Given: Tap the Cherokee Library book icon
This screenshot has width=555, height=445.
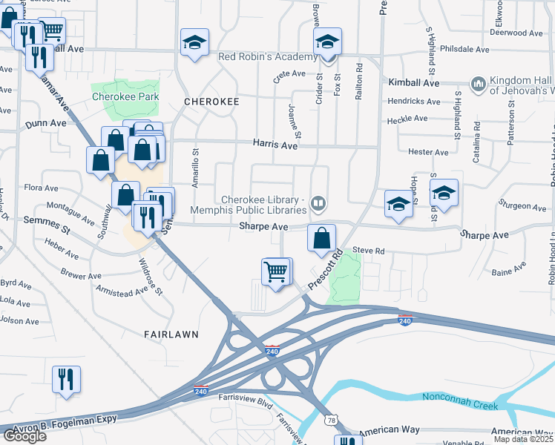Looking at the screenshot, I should (x=318, y=202).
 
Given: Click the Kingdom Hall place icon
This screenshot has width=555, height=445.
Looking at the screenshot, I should (x=478, y=84).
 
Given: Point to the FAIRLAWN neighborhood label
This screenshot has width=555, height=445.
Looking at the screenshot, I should (x=171, y=334).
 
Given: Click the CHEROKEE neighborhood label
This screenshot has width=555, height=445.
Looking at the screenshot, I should (x=211, y=101).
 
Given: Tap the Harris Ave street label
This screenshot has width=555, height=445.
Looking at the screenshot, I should (x=275, y=146).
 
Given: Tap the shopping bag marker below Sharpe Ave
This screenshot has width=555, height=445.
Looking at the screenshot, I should (x=321, y=238).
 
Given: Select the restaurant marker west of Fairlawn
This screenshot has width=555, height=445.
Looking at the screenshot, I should (x=66, y=379).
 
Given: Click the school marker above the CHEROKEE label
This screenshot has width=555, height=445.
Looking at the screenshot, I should (x=194, y=43).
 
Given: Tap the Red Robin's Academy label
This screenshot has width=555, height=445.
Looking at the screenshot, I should (x=267, y=57).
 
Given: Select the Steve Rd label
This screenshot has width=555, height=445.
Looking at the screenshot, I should (x=368, y=251).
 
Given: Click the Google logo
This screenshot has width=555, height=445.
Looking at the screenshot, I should (x=24, y=436).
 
